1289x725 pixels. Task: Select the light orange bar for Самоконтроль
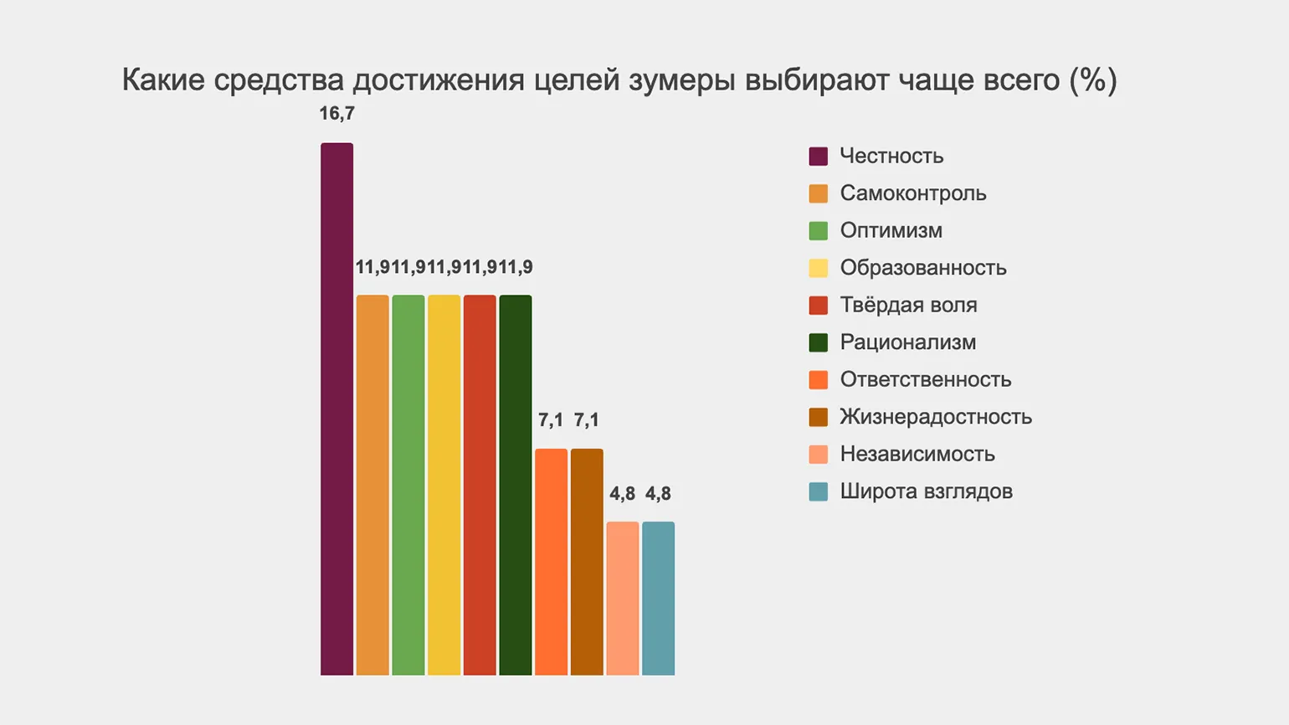(x=372, y=485)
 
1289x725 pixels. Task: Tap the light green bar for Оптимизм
(x=408, y=485)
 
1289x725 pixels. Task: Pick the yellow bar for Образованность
(x=444, y=485)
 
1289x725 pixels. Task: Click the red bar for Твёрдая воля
(x=480, y=485)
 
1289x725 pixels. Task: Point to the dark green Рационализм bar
(x=516, y=485)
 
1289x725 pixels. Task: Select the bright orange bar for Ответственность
(x=551, y=562)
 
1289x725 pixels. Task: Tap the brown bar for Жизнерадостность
(x=587, y=562)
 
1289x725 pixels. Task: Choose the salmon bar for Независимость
(x=623, y=598)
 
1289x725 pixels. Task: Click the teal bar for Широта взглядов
(x=658, y=598)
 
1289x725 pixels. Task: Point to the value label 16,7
(x=336, y=114)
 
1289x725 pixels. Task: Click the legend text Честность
(x=891, y=157)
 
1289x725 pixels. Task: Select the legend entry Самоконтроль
(x=913, y=193)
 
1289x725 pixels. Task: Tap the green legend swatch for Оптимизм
(x=819, y=231)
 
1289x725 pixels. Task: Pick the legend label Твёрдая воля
(x=908, y=305)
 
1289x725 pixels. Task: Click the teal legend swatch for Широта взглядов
(x=819, y=491)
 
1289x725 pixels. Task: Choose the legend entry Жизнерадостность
(x=936, y=417)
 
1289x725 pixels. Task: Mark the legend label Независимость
(x=917, y=454)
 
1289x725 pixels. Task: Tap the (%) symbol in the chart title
(x=1093, y=80)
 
